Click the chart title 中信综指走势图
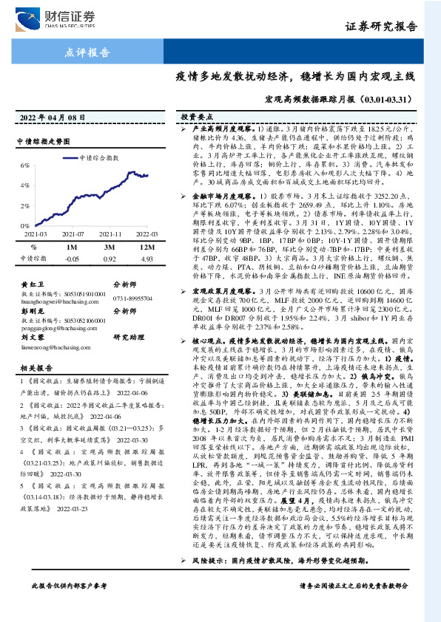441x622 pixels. click(43, 140)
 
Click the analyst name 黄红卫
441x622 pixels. click(32, 283)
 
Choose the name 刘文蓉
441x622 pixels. click(32, 336)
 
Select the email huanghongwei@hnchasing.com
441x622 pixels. click(56, 302)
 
